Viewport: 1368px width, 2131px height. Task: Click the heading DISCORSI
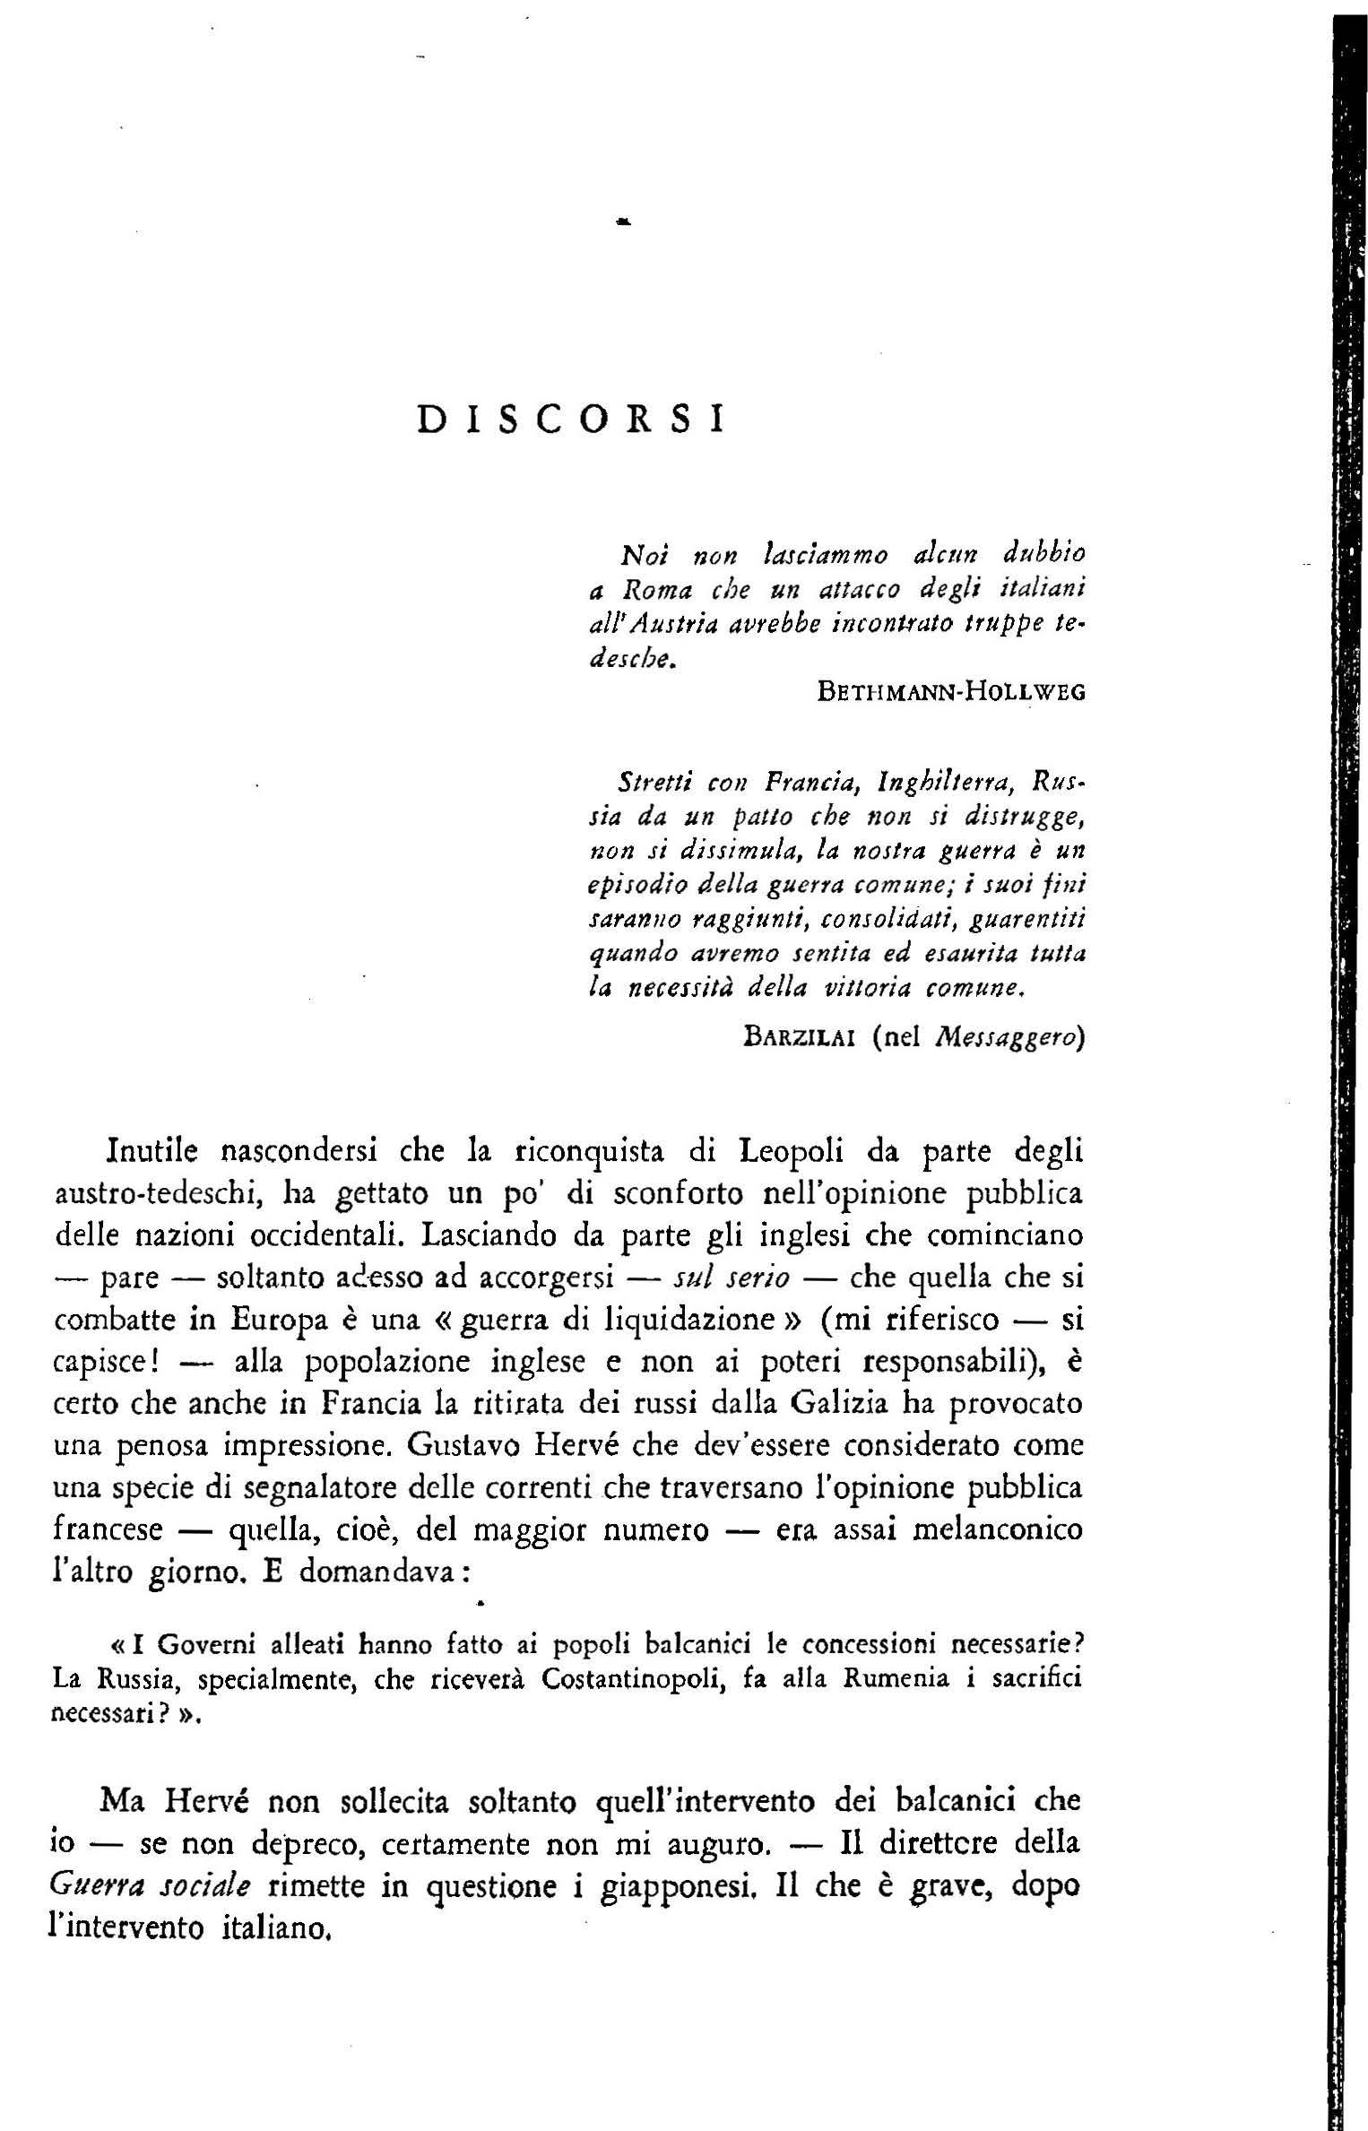(x=571, y=420)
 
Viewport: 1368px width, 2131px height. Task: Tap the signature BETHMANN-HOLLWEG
(x=951, y=692)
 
